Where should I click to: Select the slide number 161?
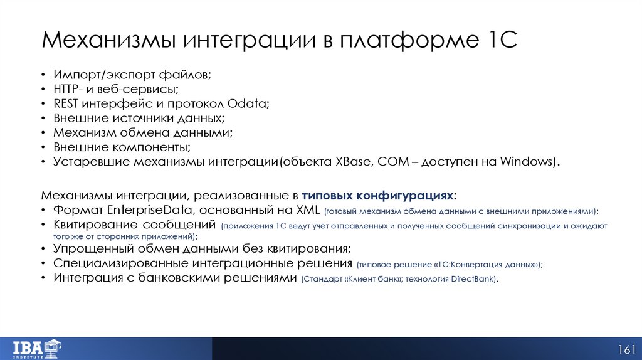627,349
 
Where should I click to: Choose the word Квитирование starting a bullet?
95,224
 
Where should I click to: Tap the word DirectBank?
474,278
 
